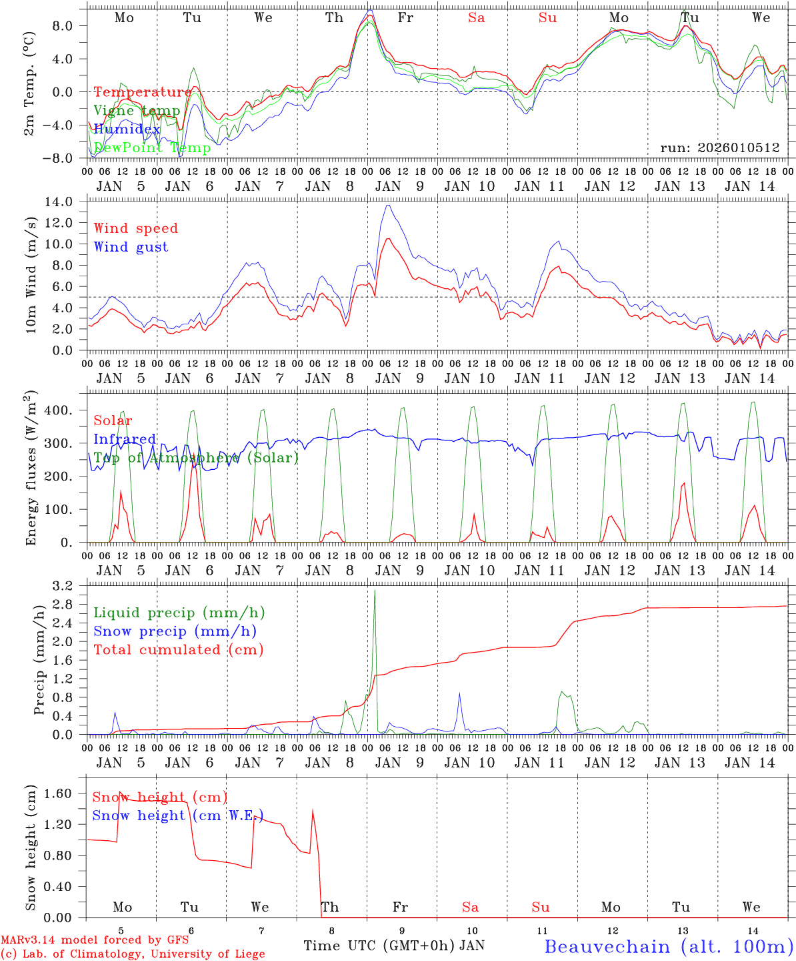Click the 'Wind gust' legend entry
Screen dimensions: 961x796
click(x=131, y=247)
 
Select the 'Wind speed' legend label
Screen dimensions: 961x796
click(x=136, y=228)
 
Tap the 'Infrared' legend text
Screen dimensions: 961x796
click(x=125, y=439)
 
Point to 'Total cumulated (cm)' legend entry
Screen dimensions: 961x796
click(x=179, y=649)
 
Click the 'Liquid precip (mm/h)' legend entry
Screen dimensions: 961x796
click(x=179, y=613)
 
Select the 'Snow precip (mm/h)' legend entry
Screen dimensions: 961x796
click(x=175, y=631)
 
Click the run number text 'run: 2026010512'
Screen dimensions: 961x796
click(x=720, y=147)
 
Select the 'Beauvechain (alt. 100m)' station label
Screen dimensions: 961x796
click(x=669, y=946)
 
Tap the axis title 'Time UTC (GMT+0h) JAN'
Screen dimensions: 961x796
click(x=394, y=946)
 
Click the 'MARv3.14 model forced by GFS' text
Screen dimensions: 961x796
click(x=95, y=940)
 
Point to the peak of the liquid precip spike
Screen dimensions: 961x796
click(x=375, y=591)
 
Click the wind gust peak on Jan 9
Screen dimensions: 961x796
click(x=388, y=206)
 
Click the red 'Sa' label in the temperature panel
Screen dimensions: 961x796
click(x=476, y=18)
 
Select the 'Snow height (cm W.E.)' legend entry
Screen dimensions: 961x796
click(x=178, y=816)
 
